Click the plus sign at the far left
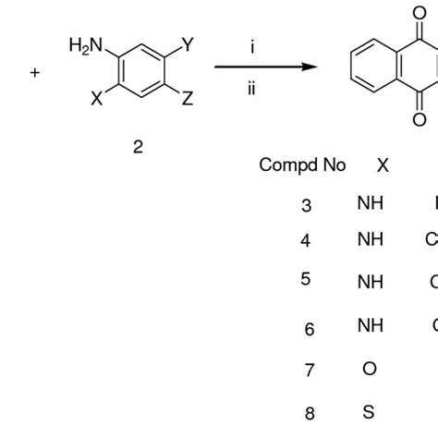point(35,71)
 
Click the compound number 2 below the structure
point(138,147)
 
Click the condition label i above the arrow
point(251,48)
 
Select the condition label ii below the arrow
point(251,90)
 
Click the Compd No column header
point(302,165)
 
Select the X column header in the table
point(383,165)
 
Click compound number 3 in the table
point(307,205)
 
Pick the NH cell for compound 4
point(370,240)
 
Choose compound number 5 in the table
point(306,280)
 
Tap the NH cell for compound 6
point(370,325)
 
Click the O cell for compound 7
point(370,369)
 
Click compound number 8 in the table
point(308,412)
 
